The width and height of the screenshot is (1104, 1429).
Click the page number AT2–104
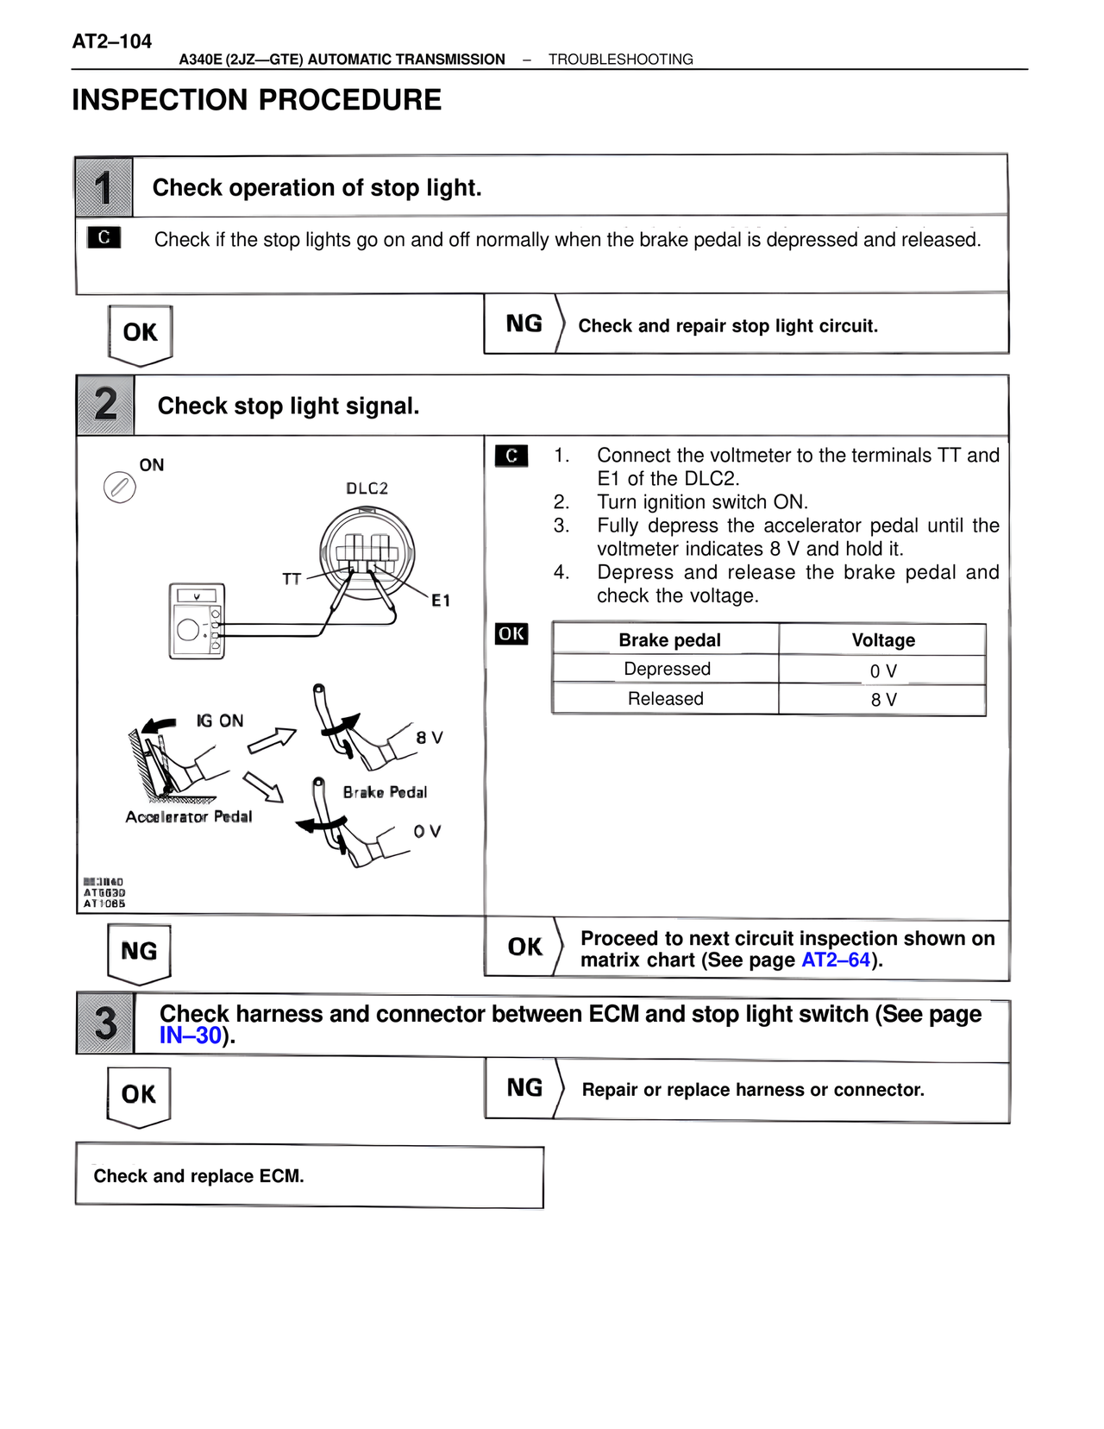tap(111, 41)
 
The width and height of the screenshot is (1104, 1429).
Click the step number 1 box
tap(104, 187)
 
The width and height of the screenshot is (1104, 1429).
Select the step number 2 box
tap(105, 405)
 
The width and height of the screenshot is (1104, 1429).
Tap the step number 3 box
tap(105, 1023)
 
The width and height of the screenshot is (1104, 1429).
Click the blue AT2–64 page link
tap(835, 960)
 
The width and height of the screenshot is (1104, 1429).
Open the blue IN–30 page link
tap(191, 1036)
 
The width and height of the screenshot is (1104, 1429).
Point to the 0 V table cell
tap(882, 670)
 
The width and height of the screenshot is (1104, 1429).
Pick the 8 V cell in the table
tap(882, 700)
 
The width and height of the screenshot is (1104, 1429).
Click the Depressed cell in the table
tap(667, 670)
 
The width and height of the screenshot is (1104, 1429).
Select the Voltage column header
tap(882, 640)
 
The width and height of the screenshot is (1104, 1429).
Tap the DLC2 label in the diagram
tap(367, 488)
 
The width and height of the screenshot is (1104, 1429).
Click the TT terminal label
tap(292, 579)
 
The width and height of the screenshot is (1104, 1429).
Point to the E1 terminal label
tap(441, 601)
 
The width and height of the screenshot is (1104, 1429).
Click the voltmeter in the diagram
tap(198, 621)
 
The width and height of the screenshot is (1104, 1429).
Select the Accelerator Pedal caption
tap(189, 817)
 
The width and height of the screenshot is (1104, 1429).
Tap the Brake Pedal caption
tap(385, 792)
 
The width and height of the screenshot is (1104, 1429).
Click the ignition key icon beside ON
tap(119, 488)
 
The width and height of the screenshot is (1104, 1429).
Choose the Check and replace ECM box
tap(310, 1176)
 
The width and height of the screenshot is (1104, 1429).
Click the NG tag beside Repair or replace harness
tap(524, 1088)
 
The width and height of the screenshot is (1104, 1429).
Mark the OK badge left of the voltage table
tap(511, 633)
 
